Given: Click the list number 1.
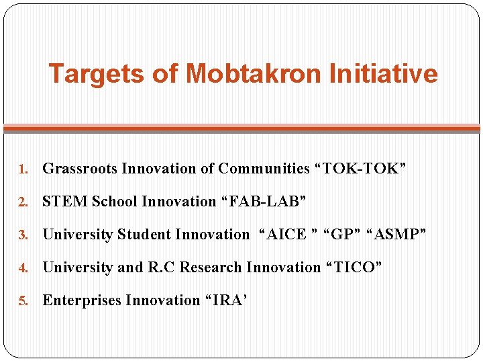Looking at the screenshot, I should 22,169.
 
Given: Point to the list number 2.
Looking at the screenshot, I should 22,202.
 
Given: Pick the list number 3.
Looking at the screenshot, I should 22,235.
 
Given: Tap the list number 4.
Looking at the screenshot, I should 22,268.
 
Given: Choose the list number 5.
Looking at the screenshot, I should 22,300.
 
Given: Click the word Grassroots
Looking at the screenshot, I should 80,169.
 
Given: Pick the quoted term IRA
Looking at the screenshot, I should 226,300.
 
